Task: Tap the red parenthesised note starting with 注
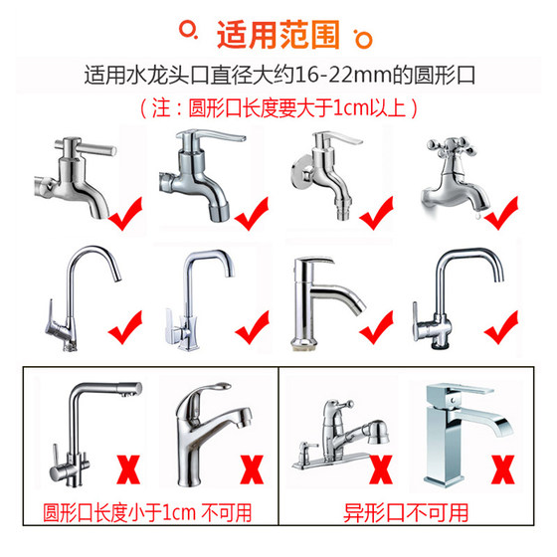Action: [x=278, y=103]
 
